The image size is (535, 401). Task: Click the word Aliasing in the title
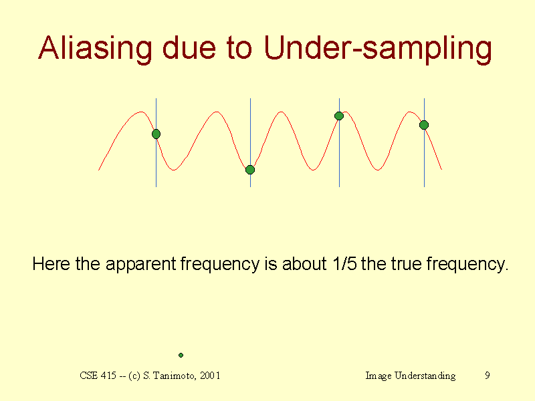coord(95,48)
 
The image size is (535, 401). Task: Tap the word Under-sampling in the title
coord(378,48)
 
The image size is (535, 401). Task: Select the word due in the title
coord(189,47)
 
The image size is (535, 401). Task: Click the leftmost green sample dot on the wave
coord(156,134)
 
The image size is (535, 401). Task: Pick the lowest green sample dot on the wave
coord(250,170)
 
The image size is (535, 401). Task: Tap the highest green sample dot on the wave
coord(339,116)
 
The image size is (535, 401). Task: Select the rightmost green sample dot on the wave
coord(424,125)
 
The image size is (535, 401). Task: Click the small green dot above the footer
coord(181,355)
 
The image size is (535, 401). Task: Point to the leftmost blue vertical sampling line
coord(156,142)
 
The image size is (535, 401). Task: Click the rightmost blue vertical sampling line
coord(425,142)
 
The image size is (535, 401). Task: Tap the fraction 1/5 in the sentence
coord(344,263)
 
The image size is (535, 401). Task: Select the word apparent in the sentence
coord(140,265)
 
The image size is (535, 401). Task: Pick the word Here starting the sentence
coord(51,263)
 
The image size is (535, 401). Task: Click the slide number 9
coord(488,376)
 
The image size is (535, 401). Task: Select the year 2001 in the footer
coord(210,376)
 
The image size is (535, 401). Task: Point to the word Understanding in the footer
coord(425,376)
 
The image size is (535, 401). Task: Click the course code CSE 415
coord(98,376)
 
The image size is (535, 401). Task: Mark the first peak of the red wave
coord(140,112)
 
